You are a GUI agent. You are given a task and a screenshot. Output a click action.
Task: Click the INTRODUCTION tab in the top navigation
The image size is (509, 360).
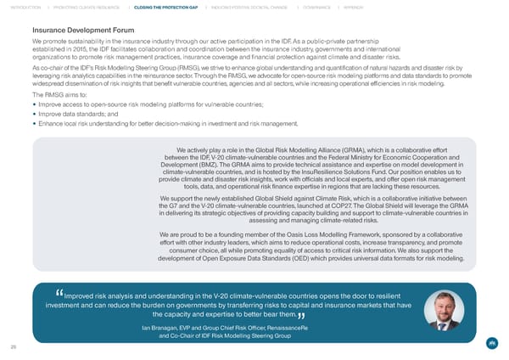click(26, 9)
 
